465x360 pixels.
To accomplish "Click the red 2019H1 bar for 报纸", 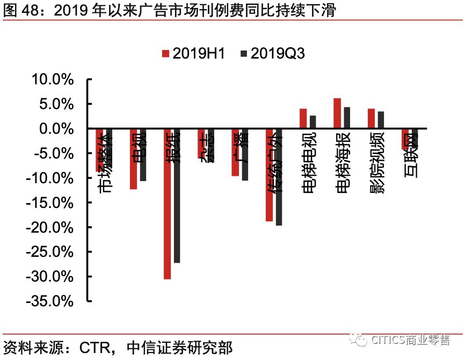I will click(167, 204).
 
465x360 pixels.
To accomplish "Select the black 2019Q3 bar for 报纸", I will click(177, 196).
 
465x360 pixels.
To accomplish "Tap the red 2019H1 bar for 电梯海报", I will click(337, 113).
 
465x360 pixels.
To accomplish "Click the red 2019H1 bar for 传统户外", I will click(269, 175).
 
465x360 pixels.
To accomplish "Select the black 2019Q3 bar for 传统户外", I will click(279, 177).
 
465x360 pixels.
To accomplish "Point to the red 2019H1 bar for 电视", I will click(133, 159).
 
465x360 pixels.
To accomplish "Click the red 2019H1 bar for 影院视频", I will click(371, 119).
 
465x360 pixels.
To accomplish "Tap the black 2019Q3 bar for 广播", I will click(245, 155).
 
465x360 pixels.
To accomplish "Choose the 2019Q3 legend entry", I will click(273, 53).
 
